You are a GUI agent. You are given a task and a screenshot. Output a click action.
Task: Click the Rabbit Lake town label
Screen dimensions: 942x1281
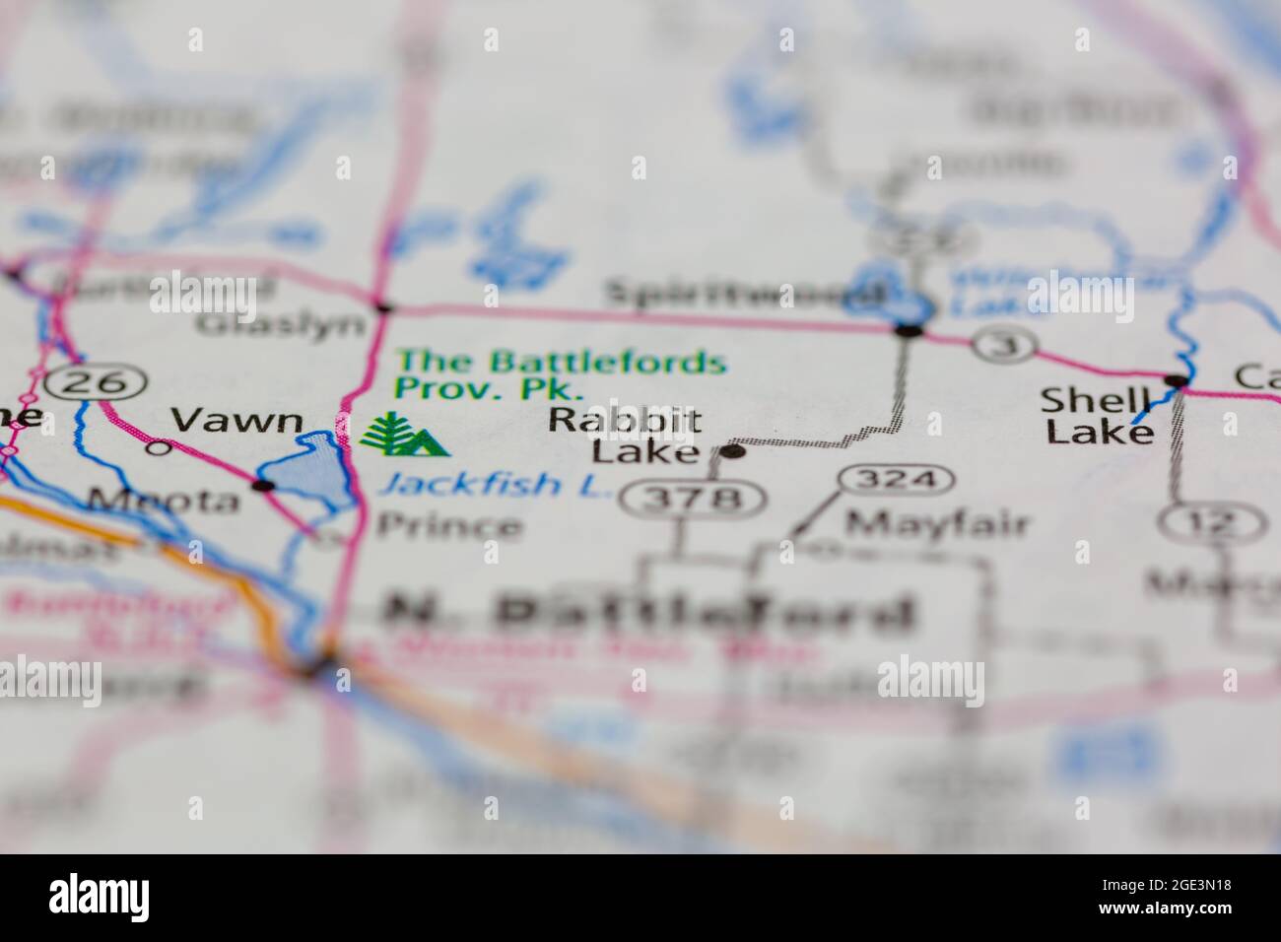625,436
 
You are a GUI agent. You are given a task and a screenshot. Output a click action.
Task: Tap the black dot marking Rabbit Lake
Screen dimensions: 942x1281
732,452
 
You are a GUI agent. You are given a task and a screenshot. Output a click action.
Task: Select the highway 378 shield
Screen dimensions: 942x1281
694,499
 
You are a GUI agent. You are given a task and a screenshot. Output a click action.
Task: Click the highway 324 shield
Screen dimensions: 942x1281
897,481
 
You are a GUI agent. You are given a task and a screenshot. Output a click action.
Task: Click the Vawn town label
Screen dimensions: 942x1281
236,421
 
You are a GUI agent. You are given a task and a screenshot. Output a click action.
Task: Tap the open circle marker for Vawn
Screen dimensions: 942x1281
157,447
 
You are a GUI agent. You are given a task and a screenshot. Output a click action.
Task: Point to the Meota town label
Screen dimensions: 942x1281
163,501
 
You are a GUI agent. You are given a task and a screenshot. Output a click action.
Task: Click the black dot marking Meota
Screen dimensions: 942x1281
262,486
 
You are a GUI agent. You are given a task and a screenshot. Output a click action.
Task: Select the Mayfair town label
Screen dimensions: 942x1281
937,524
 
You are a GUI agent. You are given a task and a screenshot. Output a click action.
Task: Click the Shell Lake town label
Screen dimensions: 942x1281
1097,415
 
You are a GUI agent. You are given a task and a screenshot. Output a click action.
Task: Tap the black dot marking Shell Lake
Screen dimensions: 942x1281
1175,380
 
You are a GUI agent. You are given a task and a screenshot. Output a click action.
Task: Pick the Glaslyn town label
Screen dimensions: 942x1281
280,323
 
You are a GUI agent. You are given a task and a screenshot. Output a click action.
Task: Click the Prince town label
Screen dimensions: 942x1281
449,526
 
